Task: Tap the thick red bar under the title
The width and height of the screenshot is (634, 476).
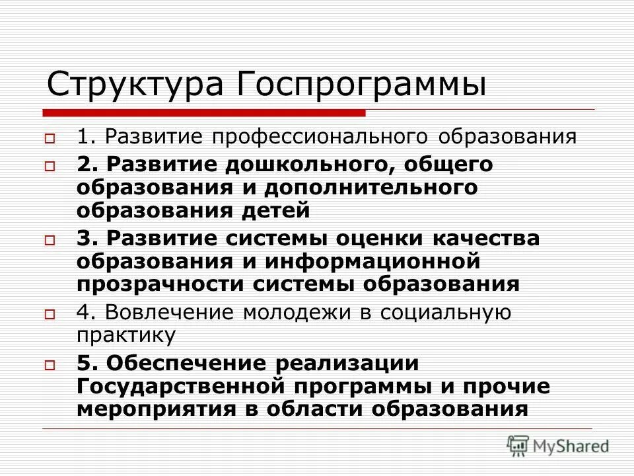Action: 205,112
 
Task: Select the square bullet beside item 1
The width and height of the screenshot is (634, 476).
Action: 50,139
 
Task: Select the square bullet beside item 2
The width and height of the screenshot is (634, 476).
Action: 50,167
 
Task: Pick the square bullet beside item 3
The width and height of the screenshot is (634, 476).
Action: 50,241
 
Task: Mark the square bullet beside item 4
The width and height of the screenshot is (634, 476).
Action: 50,315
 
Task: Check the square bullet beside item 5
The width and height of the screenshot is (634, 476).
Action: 50,364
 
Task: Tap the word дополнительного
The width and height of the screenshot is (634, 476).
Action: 371,188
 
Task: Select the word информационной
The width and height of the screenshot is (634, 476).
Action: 371,260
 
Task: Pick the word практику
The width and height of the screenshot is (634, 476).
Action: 126,335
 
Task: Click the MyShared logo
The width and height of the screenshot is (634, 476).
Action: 558,446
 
